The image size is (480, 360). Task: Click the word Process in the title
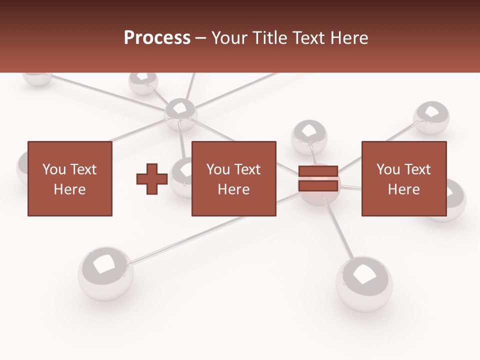click(157, 38)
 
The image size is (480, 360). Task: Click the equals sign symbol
click(318, 178)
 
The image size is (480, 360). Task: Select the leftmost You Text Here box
click(69, 178)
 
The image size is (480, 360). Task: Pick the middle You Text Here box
click(233, 178)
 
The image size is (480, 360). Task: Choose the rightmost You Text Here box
click(403, 178)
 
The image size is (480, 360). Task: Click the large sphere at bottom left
click(105, 272)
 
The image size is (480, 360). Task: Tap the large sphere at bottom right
click(364, 283)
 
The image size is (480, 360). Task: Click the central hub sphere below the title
click(180, 112)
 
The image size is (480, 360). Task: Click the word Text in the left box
click(83, 169)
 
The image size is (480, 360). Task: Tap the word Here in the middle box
click(233, 189)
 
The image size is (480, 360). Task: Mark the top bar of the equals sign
click(318, 171)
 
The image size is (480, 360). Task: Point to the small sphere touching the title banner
click(143, 82)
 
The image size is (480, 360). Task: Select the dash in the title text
click(200, 38)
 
